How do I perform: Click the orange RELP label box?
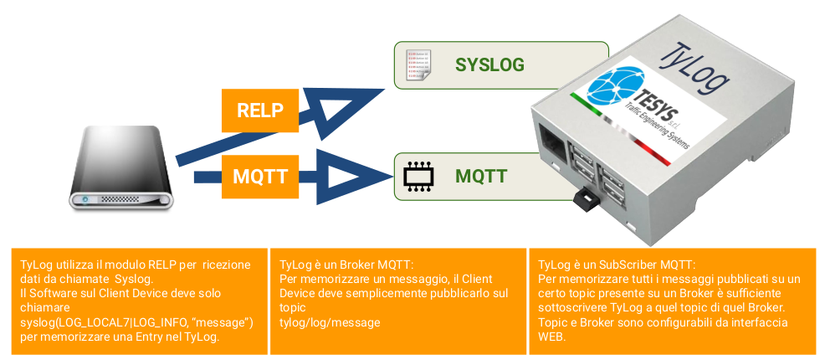[x=260, y=110]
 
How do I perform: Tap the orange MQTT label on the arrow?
[x=260, y=177]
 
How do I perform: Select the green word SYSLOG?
[x=489, y=64]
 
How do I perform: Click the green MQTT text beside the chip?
[x=481, y=176]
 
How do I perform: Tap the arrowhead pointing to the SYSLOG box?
[x=342, y=111]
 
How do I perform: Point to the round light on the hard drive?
[x=85, y=200]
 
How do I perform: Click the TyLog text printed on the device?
[x=695, y=67]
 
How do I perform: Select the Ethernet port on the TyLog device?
[x=552, y=141]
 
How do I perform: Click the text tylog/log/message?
[x=330, y=322]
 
